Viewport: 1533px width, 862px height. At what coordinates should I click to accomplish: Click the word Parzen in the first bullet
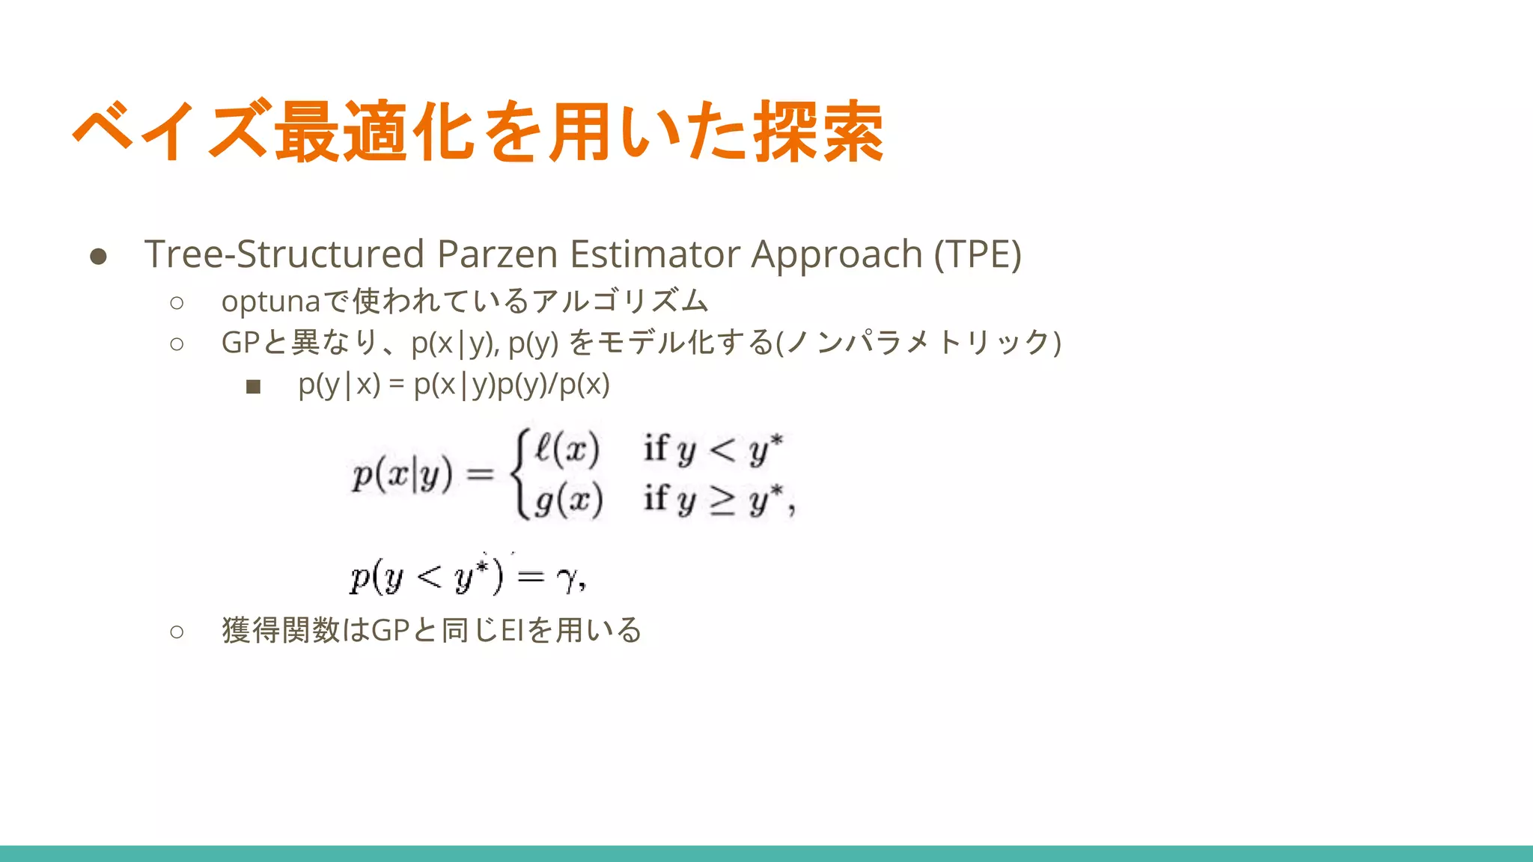(498, 254)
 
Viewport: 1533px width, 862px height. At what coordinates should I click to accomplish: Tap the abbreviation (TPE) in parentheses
(977, 254)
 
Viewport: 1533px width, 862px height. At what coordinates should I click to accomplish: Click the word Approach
(836, 254)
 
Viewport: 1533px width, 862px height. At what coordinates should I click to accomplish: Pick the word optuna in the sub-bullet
(271, 302)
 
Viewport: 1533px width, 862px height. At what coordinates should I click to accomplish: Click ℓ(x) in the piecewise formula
(567, 449)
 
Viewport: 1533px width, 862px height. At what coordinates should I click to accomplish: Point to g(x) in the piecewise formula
(568, 500)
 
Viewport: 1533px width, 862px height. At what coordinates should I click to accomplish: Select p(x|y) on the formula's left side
(402, 474)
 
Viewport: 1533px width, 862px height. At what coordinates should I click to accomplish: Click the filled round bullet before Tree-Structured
(98, 257)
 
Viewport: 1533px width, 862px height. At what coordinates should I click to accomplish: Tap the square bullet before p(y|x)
(253, 387)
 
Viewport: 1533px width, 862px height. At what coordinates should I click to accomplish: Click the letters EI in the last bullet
(511, 630)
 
